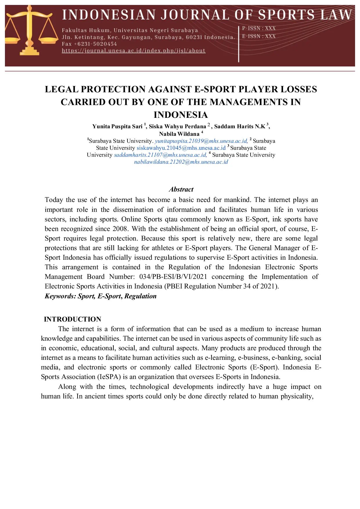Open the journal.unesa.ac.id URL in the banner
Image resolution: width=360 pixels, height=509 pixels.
pos(134,51)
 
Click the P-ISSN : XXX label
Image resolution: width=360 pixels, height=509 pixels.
pos(259,28)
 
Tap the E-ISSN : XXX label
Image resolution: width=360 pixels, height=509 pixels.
pos(259,36)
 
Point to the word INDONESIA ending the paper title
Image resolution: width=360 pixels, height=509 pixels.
pos(181,115)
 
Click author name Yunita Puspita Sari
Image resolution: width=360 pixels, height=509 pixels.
pos(117,127)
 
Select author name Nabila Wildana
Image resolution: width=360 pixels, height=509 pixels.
pos(179,134)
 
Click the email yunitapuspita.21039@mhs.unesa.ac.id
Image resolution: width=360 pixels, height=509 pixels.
pos(201,141)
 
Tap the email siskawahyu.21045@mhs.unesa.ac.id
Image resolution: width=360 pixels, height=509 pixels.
pos(181,148)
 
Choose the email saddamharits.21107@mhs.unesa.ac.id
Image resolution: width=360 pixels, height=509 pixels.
pos(160,155)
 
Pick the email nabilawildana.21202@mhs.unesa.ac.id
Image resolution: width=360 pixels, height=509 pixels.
pos(181,162)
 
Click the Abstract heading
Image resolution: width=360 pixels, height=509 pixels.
pos(181,189)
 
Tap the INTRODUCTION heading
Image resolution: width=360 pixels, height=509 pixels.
pos(73,319)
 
